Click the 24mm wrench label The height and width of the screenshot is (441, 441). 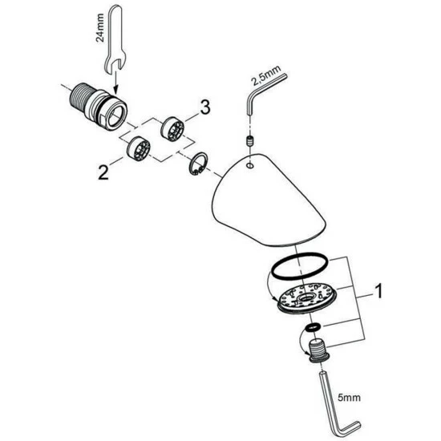click(x=100, y=27)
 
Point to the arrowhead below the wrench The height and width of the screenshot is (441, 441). click(x=116, y=90)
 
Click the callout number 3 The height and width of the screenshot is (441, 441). click(x=205, y=107)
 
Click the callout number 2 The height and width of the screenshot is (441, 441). click(x=103, y=172)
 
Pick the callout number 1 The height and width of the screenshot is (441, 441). click(x=379, y=291)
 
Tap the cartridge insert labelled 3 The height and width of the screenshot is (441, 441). click(x=172, y=128)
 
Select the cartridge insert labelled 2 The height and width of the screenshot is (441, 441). click(x=139, y=149)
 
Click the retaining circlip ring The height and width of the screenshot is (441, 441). click(x=197, y=164)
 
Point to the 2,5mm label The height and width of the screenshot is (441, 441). click(x=266, y=75)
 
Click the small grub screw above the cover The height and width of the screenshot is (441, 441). click(x=249, y=140)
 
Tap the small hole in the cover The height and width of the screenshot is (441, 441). click(x=249, y=166)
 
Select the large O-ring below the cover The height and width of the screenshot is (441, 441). click(x=299, y=266)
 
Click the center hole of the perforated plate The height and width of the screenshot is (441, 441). click(x=305, y=297)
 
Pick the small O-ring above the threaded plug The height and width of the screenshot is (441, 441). click(x=313, y=327)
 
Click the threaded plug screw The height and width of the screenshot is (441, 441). click(x=318, y=350)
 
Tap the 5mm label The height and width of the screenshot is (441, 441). click(x=349, y=398)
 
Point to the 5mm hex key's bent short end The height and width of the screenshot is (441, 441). click(x=350, y=429)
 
